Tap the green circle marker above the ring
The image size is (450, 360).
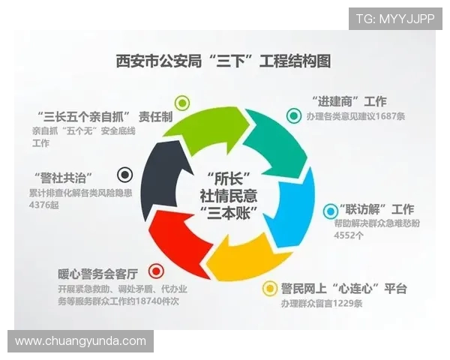(182, 103)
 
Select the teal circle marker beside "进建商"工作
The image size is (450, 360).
(293, 115)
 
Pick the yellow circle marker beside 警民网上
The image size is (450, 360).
(269, 288)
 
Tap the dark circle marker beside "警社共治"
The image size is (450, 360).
(125, 175)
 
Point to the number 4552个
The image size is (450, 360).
(349, 235)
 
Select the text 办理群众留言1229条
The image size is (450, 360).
(322, 304)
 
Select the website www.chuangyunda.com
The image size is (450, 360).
(81, 340)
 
